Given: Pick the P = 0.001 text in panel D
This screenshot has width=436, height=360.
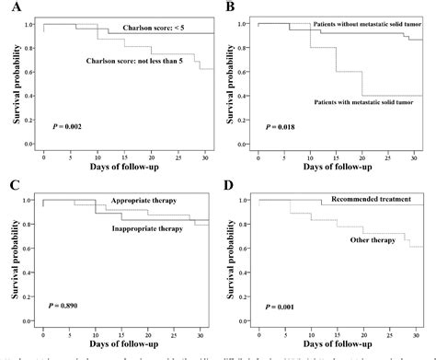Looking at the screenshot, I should click(x=281, y=303).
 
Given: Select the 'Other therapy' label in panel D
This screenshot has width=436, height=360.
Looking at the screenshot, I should click(x=371, y=239).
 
